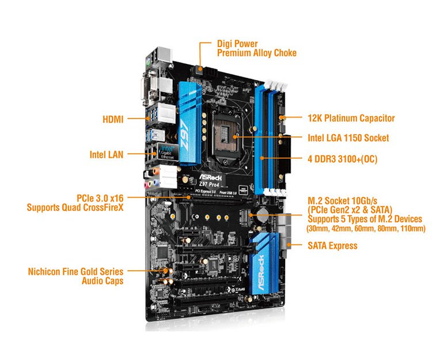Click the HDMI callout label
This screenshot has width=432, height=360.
(x=113, y=119)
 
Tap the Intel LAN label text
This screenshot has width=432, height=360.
(x=107, y=154)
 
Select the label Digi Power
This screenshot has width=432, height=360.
(x=237, y=44)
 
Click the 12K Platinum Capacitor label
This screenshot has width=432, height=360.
(x=351, y=118)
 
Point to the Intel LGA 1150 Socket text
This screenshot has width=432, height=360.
(x=348, y=138)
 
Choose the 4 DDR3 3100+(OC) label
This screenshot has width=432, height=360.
(x=343, y=159)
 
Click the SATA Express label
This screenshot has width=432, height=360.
(x=332, y=245)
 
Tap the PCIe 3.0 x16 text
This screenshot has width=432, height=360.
(x=100, y=198)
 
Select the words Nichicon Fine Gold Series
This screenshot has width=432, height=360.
(x=75, y=271)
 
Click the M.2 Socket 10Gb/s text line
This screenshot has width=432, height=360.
(x=343, y=200)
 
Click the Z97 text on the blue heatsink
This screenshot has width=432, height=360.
(x=185, y=135)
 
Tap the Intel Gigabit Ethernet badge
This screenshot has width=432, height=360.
(x=167, y=151)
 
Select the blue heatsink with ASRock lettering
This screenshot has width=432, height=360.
(x=264, y=264)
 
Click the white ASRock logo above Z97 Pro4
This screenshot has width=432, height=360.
(x=210, y=177)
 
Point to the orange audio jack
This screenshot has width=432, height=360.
(x=156, y=171)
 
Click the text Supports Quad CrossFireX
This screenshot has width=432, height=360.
(x=75, y=207)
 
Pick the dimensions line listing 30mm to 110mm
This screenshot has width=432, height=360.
(x=366, y=228)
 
